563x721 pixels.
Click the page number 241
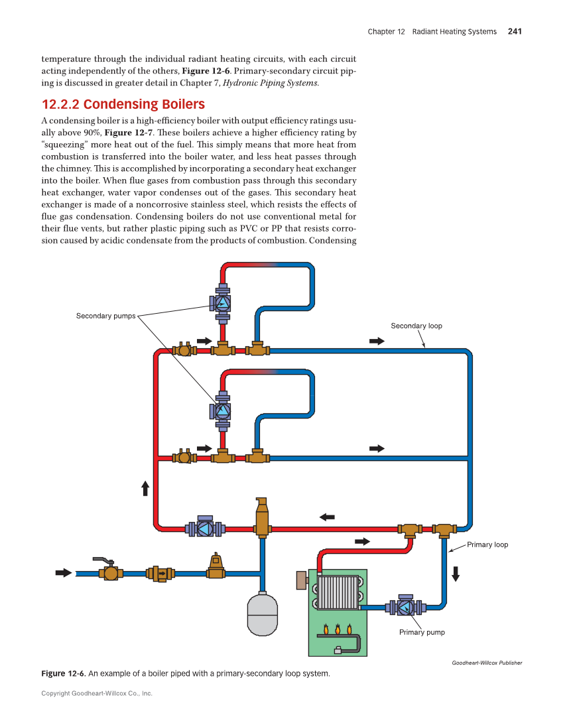(x=515, y=31)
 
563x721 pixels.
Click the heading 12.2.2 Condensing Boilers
(x=123, y=105)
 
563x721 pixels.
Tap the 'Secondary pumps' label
(x=105, y=316)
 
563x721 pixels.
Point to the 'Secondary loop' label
(x=416, y=326)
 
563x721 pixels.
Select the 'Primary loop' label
(x=487, y=545)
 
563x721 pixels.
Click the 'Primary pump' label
(x=422, y=632)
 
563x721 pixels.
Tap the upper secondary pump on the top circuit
(x=223, y=304)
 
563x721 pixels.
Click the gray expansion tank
(x=262, y=614)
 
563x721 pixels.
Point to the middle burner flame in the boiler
(x=338, y=629)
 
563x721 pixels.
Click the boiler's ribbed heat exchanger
(x=338, y=592)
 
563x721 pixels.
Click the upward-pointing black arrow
(x=145, y=488)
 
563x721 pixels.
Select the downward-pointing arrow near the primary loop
(x=455, y=574)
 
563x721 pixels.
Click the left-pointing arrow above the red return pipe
(x=327, y=517)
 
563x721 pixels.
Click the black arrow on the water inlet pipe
(x=64, y=572)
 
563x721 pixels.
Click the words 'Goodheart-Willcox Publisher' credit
(x=487, y=663)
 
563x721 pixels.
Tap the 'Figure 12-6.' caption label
(x=63, y=674)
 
